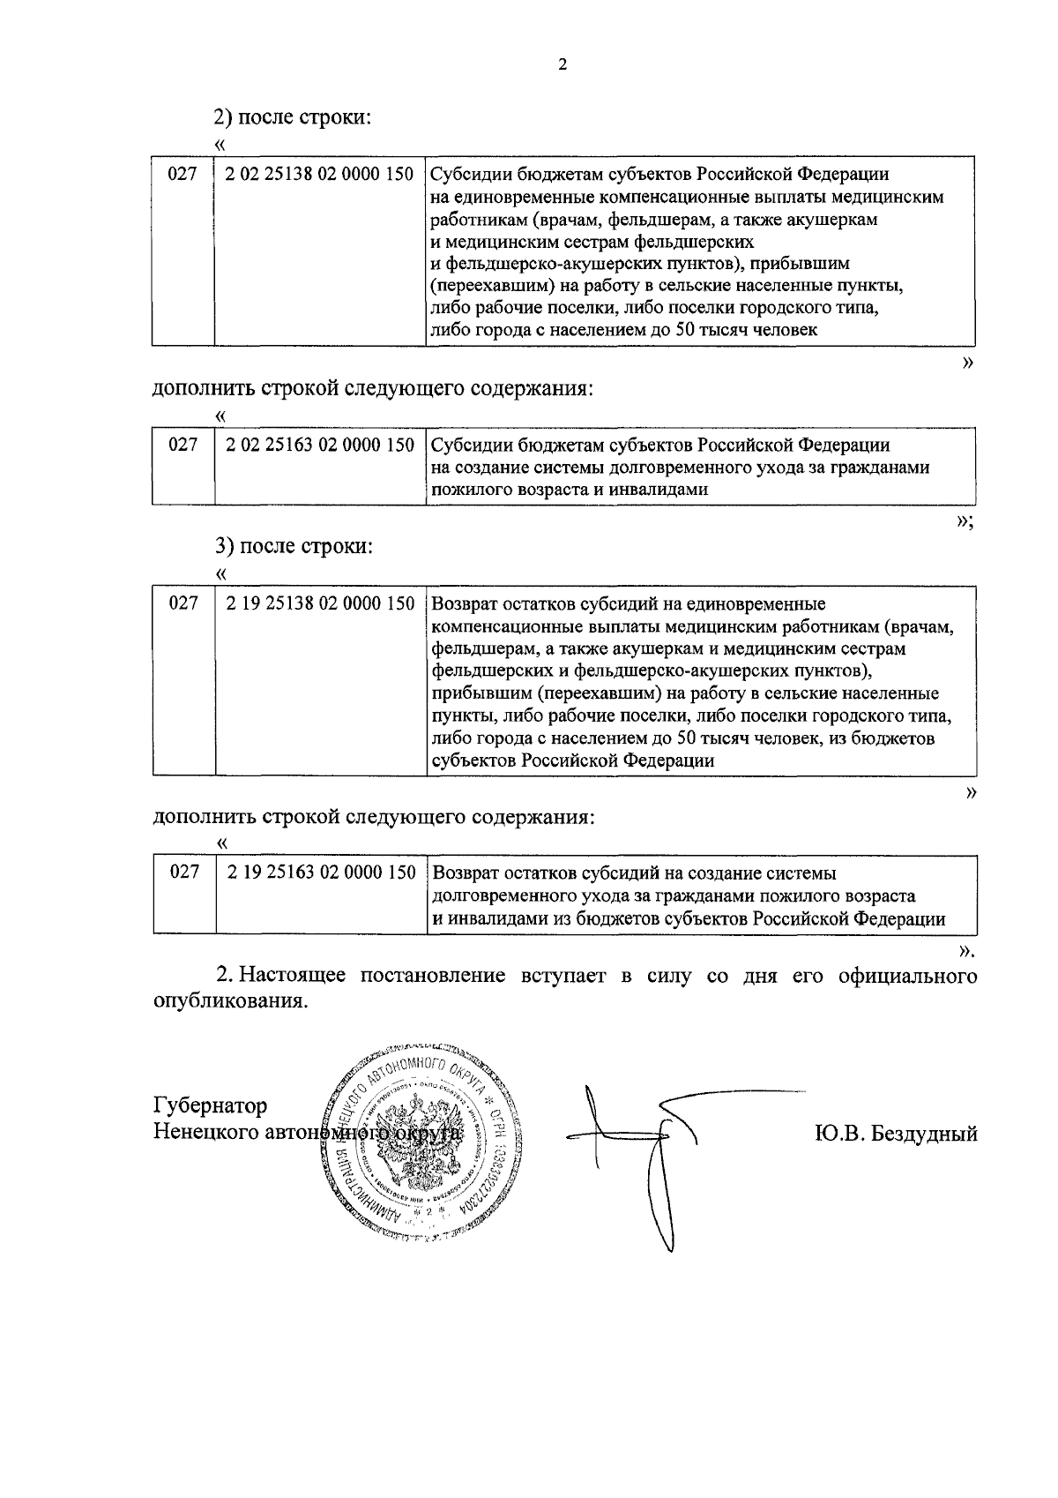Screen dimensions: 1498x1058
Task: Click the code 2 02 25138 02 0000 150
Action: [319, 174]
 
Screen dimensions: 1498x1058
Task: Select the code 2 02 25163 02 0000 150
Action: [319, 445]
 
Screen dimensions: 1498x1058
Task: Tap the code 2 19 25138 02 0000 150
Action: [319, 603]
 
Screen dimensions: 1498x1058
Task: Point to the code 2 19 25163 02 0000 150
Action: [320, 873]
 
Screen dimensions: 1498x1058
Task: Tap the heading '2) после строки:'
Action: [290, 116]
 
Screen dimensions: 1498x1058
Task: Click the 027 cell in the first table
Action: [183, 174]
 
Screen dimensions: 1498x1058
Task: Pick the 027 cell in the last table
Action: [184, 873]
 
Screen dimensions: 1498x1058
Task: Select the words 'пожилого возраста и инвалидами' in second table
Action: [570, 490]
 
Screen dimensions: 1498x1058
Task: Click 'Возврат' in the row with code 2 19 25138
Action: [463, 604]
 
